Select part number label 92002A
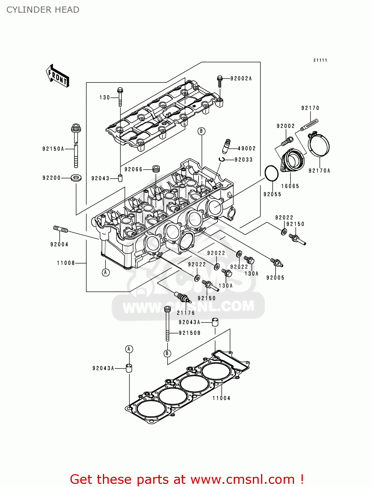tap(241, 79)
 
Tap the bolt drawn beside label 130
tap(120, 96)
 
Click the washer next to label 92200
tap(76, 178)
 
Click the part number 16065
tap(290, 186)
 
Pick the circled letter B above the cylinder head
tap(201, 131)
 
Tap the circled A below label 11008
tap(105, 272)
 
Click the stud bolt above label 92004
tap(60, 230)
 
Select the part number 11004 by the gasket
tap(221, 398)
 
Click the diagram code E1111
tap(320, 60)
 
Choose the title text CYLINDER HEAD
tap(43, 10)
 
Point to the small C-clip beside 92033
tap(222, 159)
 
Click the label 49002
tap(247, 148)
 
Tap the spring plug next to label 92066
tap(156, 169)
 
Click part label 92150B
tap(190, 333)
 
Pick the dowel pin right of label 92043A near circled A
tap(129, 368)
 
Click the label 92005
tap(275, 278)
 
